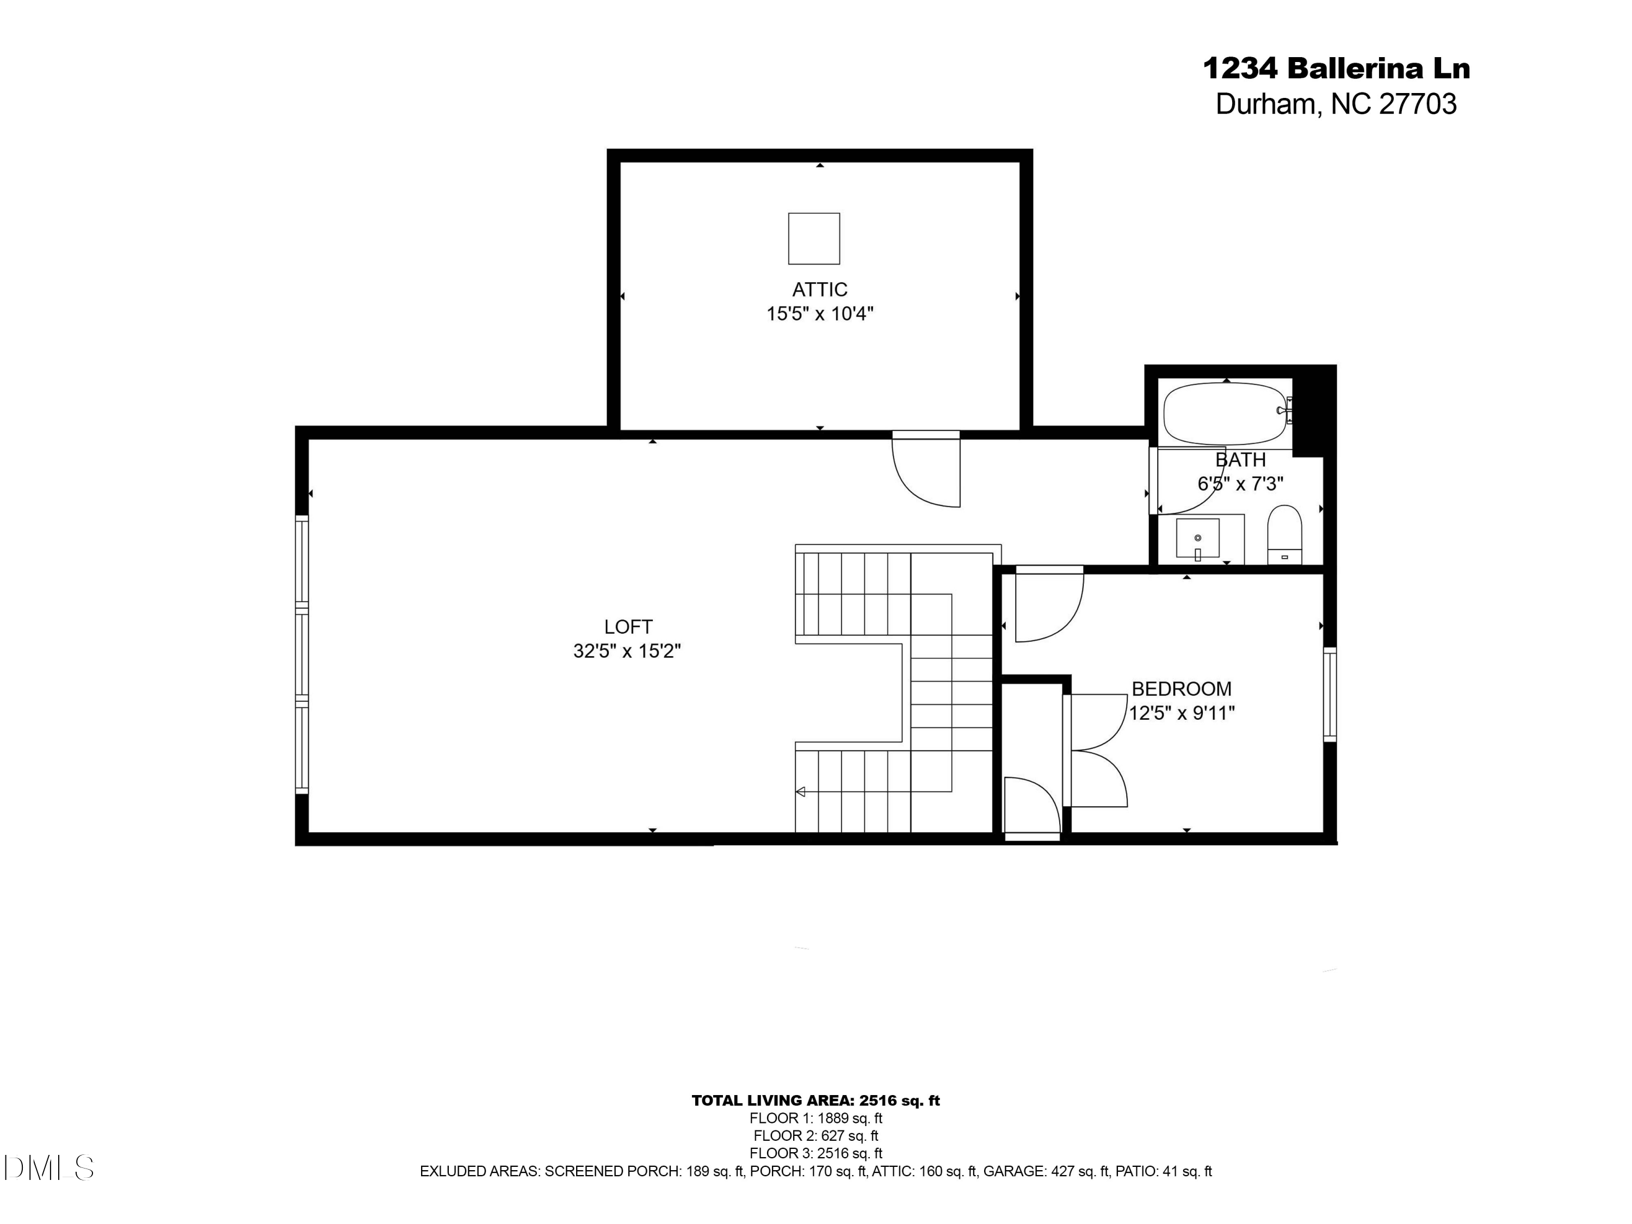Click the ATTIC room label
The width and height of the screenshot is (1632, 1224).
(x=820, y=289)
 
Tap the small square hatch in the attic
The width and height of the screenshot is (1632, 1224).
(x=814, y=238)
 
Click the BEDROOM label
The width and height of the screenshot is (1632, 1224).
(x=1181, y=689)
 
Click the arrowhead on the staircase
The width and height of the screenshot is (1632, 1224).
(x=800, y=792)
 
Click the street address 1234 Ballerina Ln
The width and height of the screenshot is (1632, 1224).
(x=1336, y=69)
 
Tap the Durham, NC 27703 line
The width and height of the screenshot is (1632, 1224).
(x=1336, y=104)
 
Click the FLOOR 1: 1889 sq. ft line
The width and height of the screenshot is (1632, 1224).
(x=815, y=1118)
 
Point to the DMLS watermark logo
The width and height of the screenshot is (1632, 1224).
(x=49, y=1168)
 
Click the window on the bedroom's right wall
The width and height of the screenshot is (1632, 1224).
(x=1330, y=694)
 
